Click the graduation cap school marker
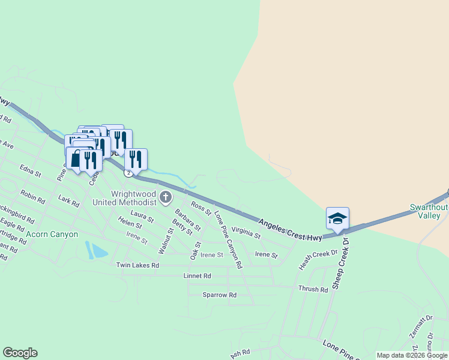click(337, 219)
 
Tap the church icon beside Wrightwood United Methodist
click(166, 197)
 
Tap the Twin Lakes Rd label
click(137, 265)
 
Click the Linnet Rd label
click(197, 276)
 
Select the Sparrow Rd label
click(219, 295)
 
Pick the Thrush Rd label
click(313, 289)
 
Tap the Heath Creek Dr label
click(318, 260)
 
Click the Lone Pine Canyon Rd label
click(228, 239)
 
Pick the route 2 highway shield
click(128, 173)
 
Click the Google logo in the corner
click(20, 353)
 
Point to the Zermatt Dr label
click(420, 328)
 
